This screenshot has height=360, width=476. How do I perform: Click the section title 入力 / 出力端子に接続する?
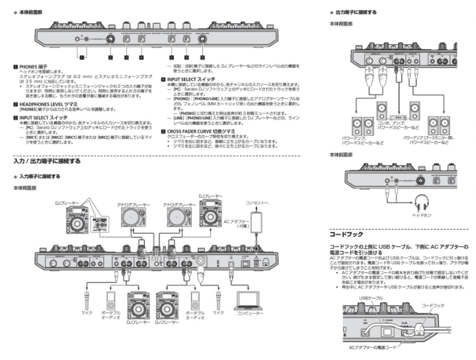(x=48, y=161)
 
